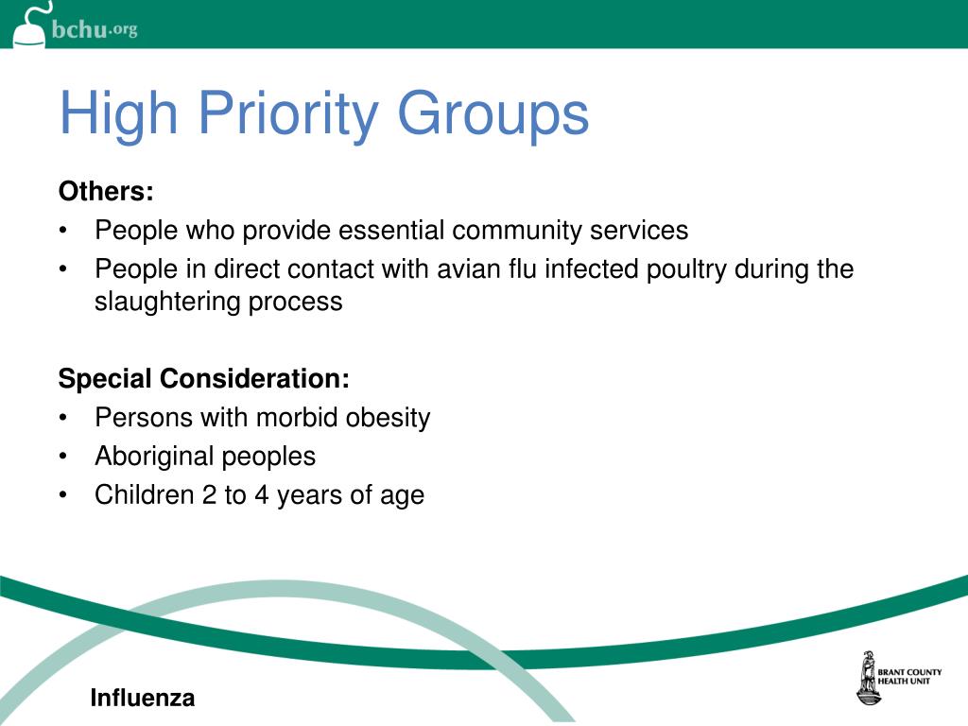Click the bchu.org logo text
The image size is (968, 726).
click(95, 29)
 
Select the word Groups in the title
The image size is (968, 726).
click(493, 113)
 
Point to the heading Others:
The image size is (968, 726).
click(106, 191)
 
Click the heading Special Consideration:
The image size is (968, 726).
click(203, 379)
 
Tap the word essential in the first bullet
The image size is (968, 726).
click(390, 230)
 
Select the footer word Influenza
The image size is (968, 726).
click(143, 699)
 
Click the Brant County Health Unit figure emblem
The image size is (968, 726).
click(865, 677)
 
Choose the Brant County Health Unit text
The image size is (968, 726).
click(909, 677)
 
